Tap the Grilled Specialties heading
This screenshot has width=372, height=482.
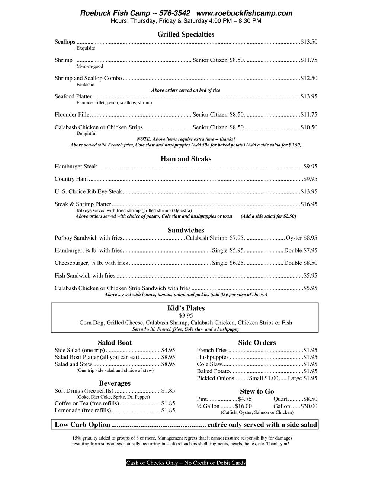click(x=186, y=34)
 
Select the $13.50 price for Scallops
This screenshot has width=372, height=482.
click(x=309, y=42)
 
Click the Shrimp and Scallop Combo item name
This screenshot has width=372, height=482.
click(x=88, y=78)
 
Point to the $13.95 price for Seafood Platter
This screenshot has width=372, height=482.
click(x=309, y=96)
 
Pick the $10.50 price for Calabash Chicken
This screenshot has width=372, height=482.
click(x=309, y=127)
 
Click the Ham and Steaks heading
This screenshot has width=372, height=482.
click(x=186, y=159)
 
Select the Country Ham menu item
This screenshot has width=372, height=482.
click(x=71, y=179)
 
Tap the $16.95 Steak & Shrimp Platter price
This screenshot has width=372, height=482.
click(x=309, y=204)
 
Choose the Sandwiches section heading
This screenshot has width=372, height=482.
click(x=186, y=230)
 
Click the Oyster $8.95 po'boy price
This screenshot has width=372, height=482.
click(x=301, y=238)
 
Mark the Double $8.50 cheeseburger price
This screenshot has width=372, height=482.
click(x=301, y=263)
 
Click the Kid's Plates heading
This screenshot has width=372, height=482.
click(x=186, y=308)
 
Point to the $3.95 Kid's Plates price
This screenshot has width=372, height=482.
click(x=186, y=316)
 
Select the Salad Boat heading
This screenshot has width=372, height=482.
click(x=115, y=343)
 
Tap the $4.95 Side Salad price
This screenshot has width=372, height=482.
click(x=168, y=350)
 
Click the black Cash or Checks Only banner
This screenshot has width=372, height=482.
click(x=186, y=463)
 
